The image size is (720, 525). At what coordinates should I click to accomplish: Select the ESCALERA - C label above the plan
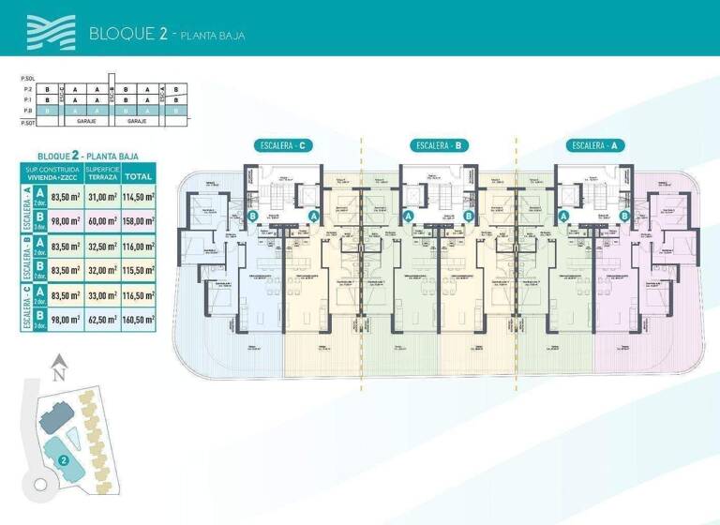click(x=282, y=145)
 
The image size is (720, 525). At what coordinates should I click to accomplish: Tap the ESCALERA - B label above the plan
click(x=440, y=145)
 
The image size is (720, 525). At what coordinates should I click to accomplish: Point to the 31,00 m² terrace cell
click(x=99, y=197)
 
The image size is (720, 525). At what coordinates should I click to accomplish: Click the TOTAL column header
click(x=139, y=174)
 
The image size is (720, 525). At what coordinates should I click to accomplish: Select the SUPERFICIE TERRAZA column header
click(x=99, y=173)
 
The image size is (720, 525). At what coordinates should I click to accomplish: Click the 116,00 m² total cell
click(x=139, y=247)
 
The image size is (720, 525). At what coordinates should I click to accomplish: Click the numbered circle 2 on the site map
click(x=62, y=460)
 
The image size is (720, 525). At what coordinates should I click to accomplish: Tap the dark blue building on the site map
click(x=53, y=414)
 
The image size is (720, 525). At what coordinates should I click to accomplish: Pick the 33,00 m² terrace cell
click(x=99, y=295)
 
